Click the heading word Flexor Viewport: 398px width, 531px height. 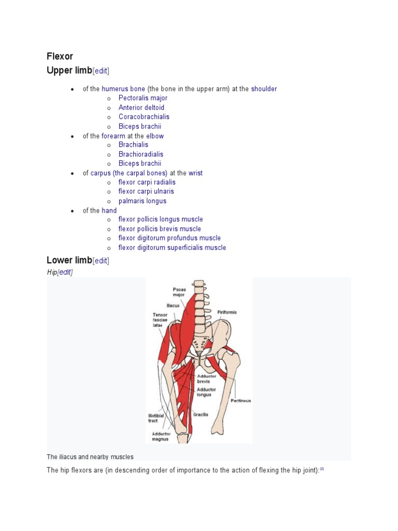60,57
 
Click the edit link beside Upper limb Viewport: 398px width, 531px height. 101,71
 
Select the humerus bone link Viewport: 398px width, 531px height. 123,89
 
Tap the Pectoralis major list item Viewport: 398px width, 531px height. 143,98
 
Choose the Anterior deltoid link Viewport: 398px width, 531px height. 141,107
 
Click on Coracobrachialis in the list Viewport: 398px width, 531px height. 144,117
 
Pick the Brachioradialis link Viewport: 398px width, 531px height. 140,154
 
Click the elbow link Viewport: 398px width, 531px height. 155,136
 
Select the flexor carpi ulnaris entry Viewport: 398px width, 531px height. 146,191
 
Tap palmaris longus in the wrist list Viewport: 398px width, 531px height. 142,201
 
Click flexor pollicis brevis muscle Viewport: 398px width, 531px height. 160,229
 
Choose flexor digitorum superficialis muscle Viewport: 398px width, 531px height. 172,247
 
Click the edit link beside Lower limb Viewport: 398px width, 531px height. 101,261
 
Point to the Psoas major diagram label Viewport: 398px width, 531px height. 179,292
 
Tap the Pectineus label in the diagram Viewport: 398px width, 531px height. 241,400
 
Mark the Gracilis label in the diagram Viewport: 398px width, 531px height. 201,414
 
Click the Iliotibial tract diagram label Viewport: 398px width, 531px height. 157,417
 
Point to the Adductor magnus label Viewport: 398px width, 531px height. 161,436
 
